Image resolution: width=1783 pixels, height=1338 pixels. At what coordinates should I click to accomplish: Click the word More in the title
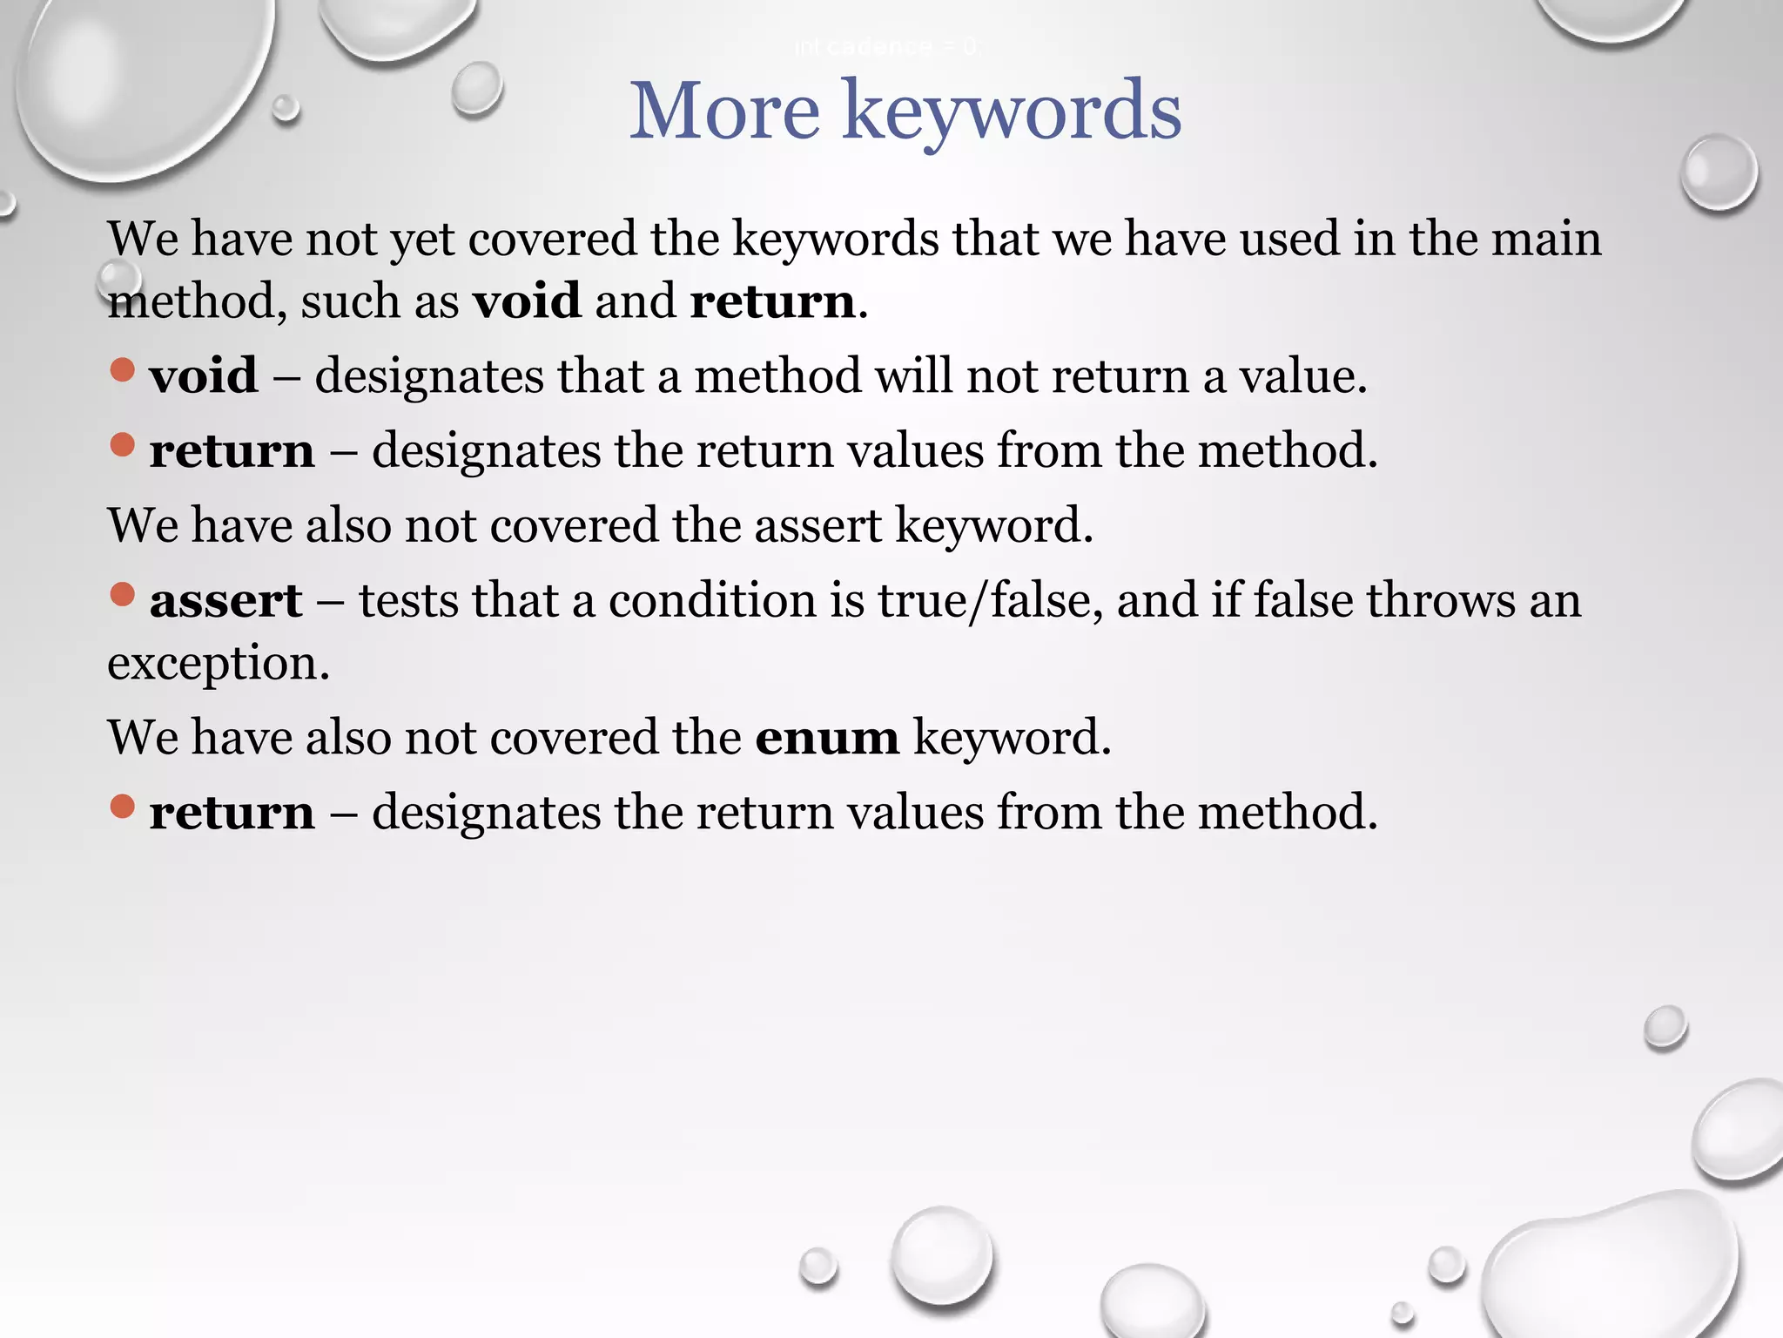[724, 111]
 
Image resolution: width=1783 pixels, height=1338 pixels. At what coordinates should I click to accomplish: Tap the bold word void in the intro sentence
[527, 301]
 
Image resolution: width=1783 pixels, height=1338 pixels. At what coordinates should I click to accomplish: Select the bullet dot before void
[123, 370]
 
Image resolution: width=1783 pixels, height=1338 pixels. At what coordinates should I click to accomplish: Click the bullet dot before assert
[123, 595]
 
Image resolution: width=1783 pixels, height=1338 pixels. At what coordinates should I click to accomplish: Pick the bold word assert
[225, 601]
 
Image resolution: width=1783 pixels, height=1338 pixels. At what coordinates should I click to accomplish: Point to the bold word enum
[826, 738]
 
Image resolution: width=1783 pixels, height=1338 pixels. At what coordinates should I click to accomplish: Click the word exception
[218, 664]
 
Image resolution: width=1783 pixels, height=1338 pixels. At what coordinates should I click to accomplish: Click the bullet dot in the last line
[123, 807]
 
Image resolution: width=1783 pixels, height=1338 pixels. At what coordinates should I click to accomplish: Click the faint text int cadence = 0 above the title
[886, 47]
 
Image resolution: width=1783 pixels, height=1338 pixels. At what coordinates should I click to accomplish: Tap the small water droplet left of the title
[476, 88]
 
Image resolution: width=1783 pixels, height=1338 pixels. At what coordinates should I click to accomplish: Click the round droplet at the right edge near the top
[1719, 172]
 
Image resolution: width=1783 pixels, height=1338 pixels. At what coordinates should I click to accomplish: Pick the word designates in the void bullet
[429, 376]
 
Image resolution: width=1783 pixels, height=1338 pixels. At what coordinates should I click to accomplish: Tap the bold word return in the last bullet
[232, 813]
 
